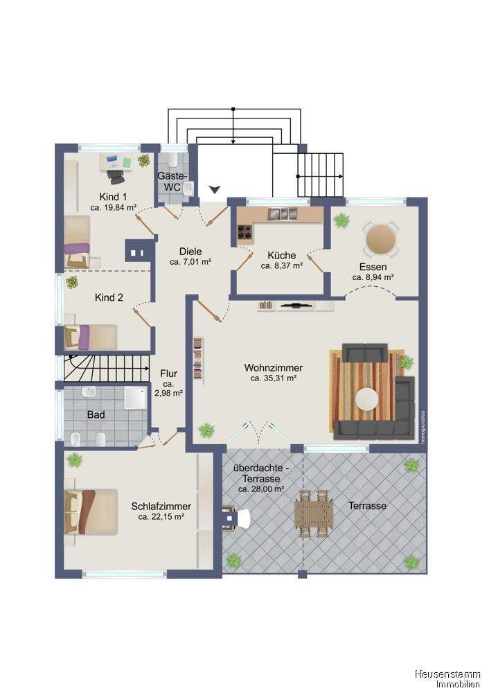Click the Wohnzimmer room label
click(274, 368)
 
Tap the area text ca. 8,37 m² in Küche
click(282, 265)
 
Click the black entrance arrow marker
click(214, 190)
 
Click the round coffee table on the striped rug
click(367, 398)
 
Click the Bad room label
click(96, 414)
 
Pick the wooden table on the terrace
click(314, 513)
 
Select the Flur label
click(168, 374)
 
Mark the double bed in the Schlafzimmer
click(91, 511)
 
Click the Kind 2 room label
click(109, 297)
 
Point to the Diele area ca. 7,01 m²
click(190, 262)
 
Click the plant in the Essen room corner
click(341, 220)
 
